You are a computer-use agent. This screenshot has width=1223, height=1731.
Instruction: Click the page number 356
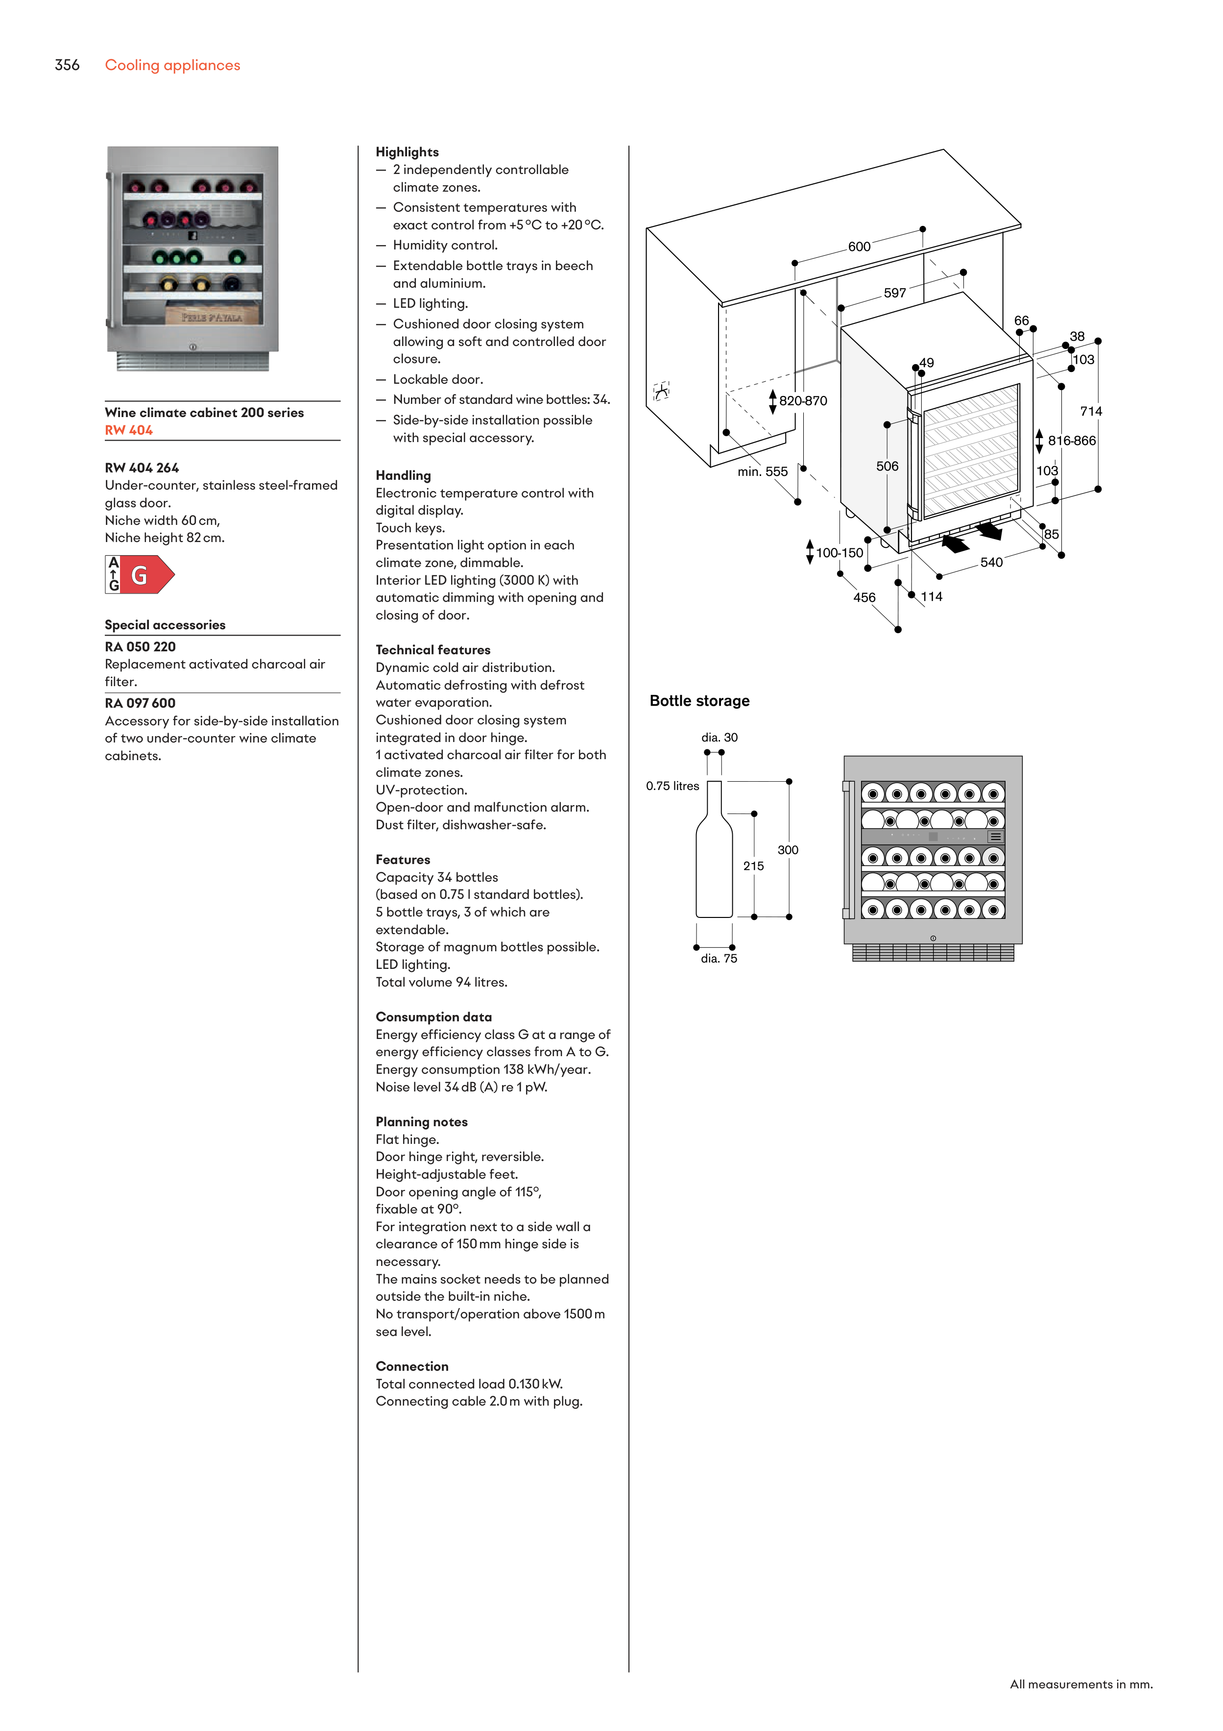pyautogui.click(x=67, y=65)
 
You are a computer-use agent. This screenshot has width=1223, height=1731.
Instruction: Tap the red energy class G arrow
pyautogui.click(x=146, y=575)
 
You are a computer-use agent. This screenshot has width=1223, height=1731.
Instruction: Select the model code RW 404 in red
pyautogui.click(x=129, y=430)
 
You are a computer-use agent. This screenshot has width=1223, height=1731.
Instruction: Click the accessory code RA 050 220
pyautogui.click(x=140, y=647)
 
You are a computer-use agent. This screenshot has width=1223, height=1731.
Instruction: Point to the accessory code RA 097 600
pyautogui.click(x=140, y=703)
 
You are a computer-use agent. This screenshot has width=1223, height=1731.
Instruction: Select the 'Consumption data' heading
pyautogui.click(x=433, y=1017)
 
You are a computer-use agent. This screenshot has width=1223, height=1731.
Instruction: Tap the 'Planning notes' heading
pyautogui.click(x=421, y=1122)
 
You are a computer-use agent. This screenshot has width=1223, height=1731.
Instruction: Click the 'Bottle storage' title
pyautogui.click(x=699, y=701)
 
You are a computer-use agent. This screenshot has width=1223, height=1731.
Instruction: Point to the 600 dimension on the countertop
pyautogui.click(x=859, y=247)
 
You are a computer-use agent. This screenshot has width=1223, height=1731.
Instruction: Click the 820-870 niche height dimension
pyautogui.click(x=803, y=401)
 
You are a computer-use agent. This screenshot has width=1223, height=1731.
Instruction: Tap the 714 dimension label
pyautogui.click(x=1090, y=412)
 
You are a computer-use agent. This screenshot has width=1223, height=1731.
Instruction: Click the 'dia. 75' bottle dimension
pyautogui.click(x=719, y=959)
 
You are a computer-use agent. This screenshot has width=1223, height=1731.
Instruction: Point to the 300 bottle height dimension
pyautogui.click(x=788, y=850)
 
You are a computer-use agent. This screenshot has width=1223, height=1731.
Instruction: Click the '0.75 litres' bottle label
pyautogui.click(x=672, y=786)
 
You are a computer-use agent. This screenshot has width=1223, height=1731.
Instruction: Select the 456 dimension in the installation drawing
pyautogui.click(x=864, y=598)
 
